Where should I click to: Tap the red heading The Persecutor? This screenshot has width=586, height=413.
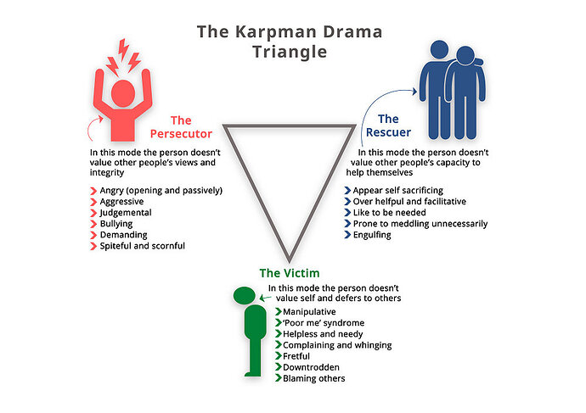(x=181, y=127)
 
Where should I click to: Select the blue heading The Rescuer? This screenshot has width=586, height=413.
(x=388, y=126)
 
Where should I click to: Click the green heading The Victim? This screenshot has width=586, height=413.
(x=290, y=273)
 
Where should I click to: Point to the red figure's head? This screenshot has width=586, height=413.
(x=123, y=93)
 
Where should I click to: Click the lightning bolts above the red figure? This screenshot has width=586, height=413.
(x=123, y=57)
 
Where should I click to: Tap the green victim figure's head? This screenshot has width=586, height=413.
(x=245, y=295)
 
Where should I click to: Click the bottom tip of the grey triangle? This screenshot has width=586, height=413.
(x=290, y=262)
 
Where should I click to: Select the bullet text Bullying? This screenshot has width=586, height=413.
(x=116, y=224)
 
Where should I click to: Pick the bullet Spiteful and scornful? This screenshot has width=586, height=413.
(x=143, y=246)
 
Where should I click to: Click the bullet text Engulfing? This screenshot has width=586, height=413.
(x=372, y=235)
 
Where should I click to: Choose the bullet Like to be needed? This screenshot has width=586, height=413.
(x=390, y=213)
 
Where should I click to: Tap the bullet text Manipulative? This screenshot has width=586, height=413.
(x=309, y=312)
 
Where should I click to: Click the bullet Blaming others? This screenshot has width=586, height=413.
(x=314, y=379)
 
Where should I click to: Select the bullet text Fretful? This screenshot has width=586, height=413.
(x=296, y=356)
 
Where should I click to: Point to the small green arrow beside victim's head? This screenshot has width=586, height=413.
(x=265, y=298)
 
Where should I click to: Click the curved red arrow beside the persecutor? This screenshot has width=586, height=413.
(x=93, y=127)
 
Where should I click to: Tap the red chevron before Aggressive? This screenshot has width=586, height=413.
(x=93, y=202)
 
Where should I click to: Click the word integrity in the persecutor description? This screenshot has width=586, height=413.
(x=107, y=173)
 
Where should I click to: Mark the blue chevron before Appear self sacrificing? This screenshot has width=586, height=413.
(x=347, y=191)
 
